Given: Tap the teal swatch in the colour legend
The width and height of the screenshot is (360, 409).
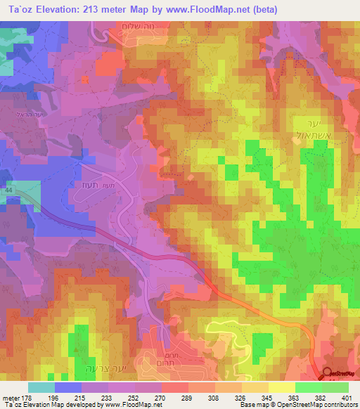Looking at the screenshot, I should point(41,387).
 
